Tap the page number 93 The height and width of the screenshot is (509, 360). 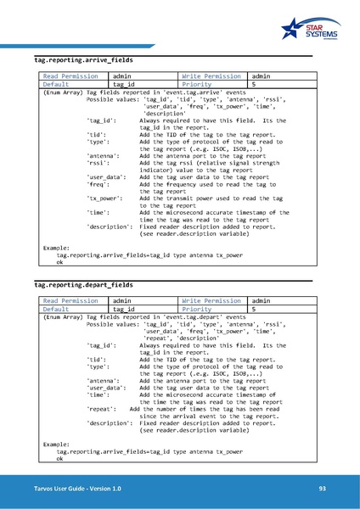point(323,489)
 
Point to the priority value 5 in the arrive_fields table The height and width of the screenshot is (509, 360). point(254,85)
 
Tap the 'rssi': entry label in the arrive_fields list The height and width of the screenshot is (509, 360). point(98,165)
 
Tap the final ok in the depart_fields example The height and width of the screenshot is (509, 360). point(59,459)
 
